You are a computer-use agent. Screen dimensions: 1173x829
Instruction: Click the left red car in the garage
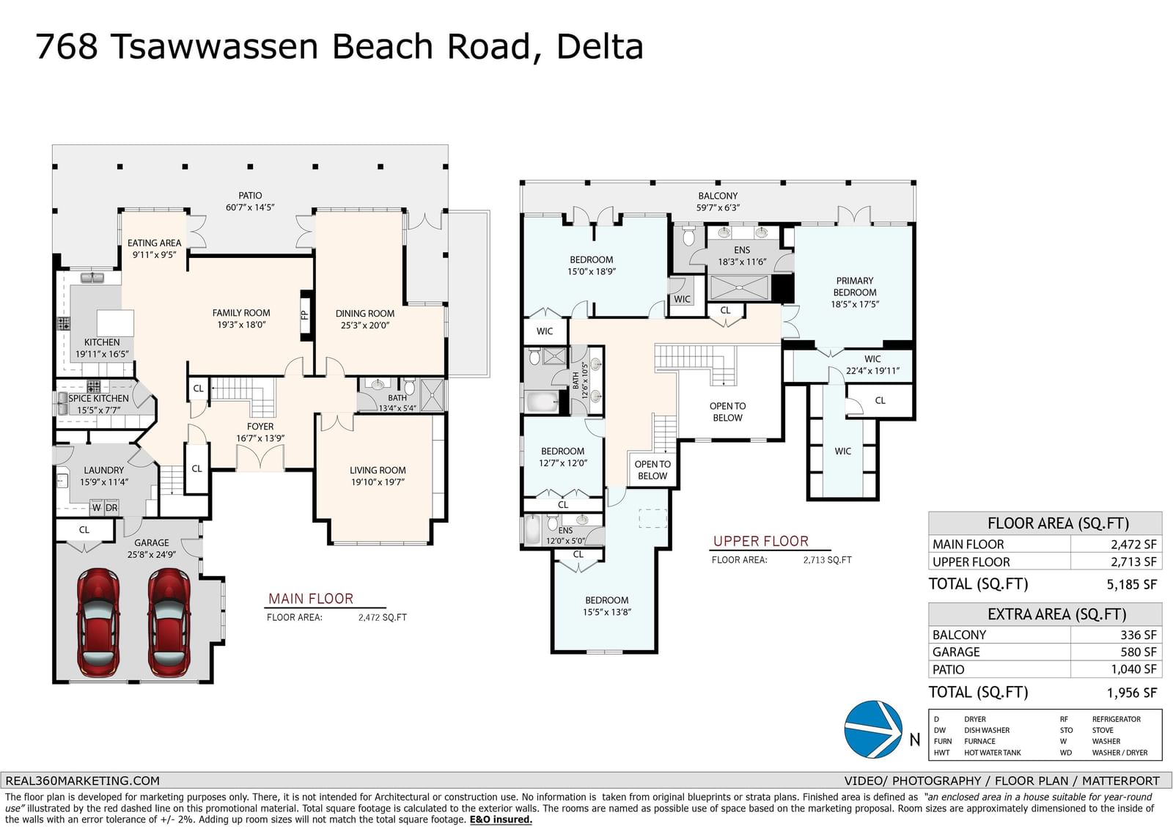coord(98,623)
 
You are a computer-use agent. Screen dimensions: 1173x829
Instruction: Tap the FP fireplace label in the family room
coord(305,315)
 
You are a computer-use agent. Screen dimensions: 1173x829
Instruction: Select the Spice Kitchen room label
coord(98,399)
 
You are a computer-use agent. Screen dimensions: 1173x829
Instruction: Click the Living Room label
coord(378,471)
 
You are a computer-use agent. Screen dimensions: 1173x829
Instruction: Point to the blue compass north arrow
coord(873,729)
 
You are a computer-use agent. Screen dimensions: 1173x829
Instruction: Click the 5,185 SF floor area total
coord(1132,584)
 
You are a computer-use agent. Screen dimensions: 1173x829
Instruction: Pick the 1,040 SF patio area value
coord(1133,669)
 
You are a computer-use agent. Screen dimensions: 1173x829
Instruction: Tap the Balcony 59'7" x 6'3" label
coord(718,202)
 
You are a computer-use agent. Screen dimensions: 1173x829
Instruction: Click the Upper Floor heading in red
coord(761,541)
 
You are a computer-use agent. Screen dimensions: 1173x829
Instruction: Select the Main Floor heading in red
coord(311,599)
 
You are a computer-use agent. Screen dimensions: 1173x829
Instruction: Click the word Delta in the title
coord(600,46)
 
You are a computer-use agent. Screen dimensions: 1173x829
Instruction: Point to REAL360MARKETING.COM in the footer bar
coord(82,781)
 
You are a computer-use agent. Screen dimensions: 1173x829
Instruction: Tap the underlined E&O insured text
coord(501,819)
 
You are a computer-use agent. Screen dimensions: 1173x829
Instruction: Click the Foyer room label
coord(260,427)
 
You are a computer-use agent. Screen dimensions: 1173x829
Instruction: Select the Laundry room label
coord(103,471)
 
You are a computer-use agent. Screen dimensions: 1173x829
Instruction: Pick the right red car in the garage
coord(169,623)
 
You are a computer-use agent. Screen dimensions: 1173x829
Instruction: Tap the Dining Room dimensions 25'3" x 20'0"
coord(365,325)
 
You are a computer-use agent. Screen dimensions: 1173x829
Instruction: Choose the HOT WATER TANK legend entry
coord(993,753)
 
